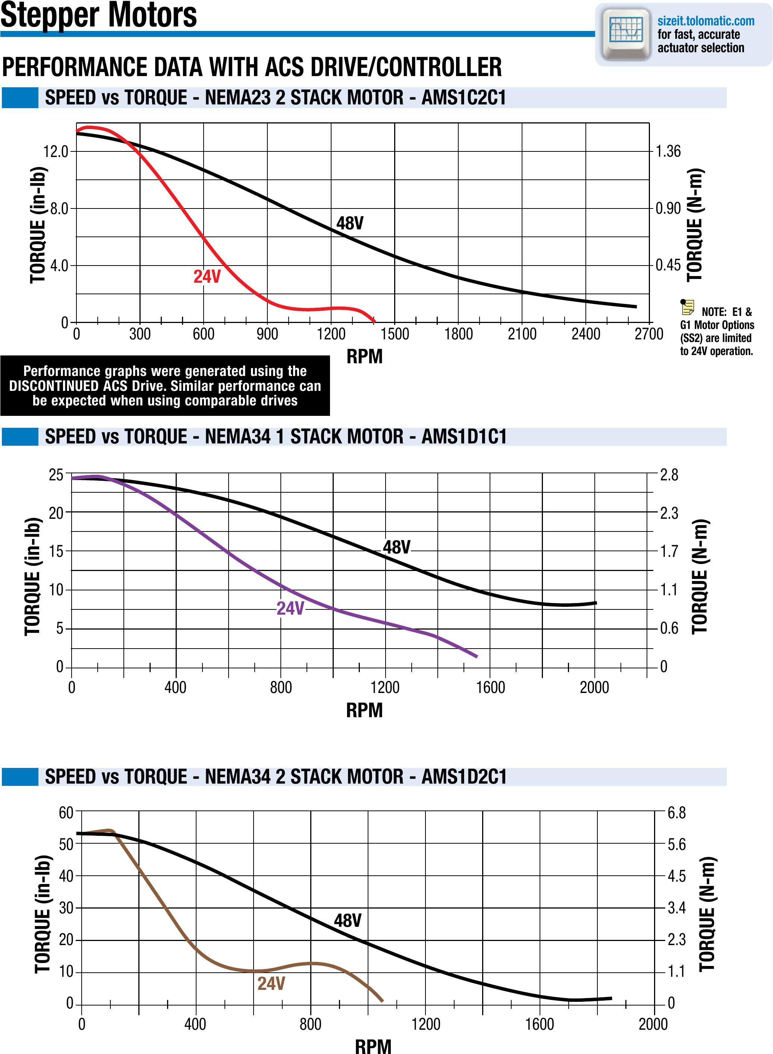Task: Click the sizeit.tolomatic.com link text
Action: [706, 21]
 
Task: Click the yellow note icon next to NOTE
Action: [687, 307]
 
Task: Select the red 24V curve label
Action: [207, 277]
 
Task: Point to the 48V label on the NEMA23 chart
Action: [349, 223]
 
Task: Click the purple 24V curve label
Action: [290, 608]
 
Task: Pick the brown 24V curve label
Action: [271, 984]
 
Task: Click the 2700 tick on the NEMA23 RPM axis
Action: [649, 334]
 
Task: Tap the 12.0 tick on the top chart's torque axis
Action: [56, 152]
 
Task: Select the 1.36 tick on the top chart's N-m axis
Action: [668, 152]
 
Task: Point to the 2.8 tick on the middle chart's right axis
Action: [669, 475]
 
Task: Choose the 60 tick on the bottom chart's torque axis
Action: [66, 812]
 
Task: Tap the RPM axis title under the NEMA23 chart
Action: [365, 357]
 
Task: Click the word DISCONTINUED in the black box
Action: [54, 386]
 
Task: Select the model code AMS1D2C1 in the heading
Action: [464, 777]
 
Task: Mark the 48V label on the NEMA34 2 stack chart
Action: [348, 920]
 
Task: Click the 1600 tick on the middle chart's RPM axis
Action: [490, 687]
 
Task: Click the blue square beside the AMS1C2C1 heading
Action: [20, 98]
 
